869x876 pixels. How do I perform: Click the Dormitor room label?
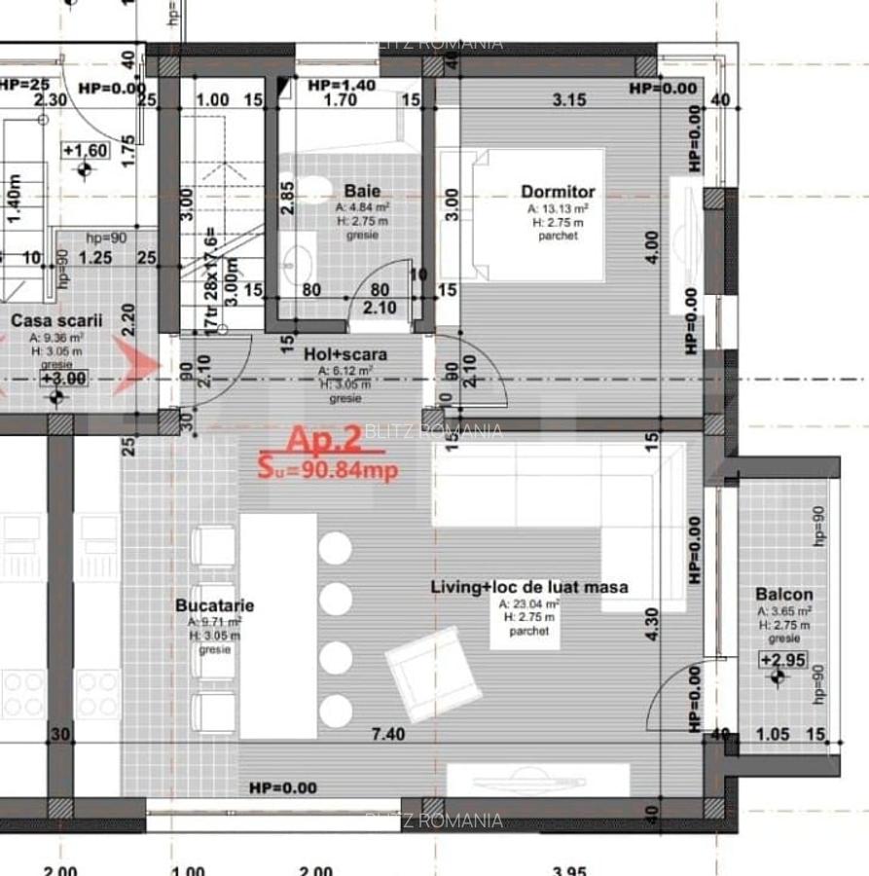coord(558,192)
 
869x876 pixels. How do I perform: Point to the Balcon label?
coord(783,594)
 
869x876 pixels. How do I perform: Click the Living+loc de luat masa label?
coord(529,587)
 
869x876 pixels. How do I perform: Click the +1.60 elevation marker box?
coord(86,150)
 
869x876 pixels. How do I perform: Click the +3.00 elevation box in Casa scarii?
coord(61,378)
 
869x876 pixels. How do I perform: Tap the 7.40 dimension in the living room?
coord(388,734)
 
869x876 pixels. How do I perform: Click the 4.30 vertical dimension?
coord(655,623)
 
